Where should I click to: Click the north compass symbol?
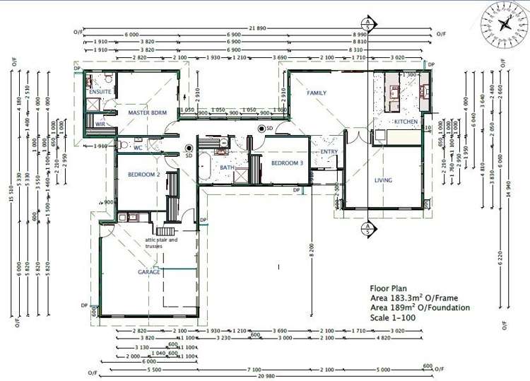click(x=505, y=21)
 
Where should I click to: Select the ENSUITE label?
click(x=99, y=92)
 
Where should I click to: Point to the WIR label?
click(x=100, y=125)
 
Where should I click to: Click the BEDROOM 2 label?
click(x=143, y=174)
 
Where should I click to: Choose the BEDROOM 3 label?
click(x=286, y=163)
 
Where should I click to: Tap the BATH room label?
click(x=227, y=168)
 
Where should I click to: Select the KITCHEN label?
click(x=406, y=122)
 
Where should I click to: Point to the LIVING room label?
click(x=382, y=180)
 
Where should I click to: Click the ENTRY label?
click(x=329, y=152)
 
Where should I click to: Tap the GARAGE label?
click(x=148, y=272)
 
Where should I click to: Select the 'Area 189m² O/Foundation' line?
click(x=420, y=307)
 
